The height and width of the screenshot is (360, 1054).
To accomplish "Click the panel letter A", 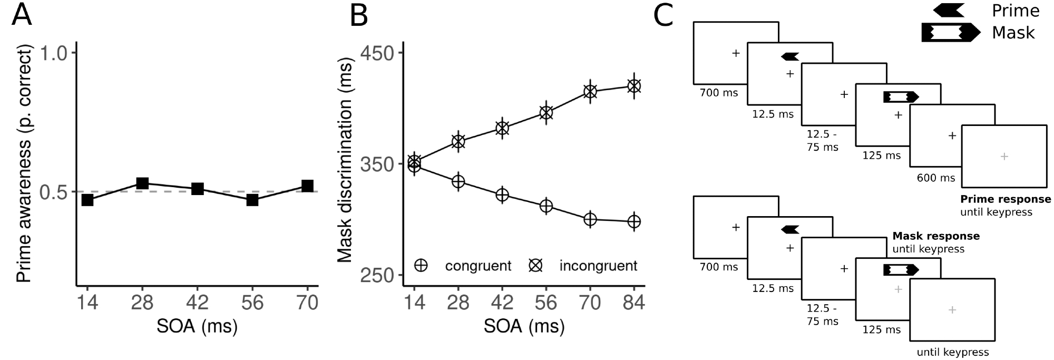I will tap(22, 16).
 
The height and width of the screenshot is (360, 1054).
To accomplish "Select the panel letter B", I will tap(359, 16).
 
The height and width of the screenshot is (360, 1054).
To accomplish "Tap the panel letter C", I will tap(663, 16).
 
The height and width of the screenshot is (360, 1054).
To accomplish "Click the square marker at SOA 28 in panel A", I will tap(142, 183).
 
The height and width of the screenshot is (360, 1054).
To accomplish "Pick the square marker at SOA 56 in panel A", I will tap(252, 200).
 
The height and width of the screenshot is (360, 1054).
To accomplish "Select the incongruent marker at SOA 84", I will tap(634, 86).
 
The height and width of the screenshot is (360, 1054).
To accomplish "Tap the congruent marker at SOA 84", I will tap(634, 221).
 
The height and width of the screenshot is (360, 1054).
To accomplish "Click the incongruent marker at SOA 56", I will tap(546, 112).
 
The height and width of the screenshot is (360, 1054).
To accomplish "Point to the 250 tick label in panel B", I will tap(376, 276).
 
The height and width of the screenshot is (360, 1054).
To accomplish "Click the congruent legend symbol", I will tap(421, 266).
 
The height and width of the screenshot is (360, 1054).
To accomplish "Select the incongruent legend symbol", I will tap(535, 266).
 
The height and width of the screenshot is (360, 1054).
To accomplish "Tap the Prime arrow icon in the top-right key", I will tap(949, 11).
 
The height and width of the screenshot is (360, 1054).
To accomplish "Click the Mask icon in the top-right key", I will tap(950, 33).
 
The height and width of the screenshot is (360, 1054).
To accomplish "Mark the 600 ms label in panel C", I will tap(936, 178).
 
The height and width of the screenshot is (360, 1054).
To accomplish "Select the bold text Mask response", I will tap(936, 236).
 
